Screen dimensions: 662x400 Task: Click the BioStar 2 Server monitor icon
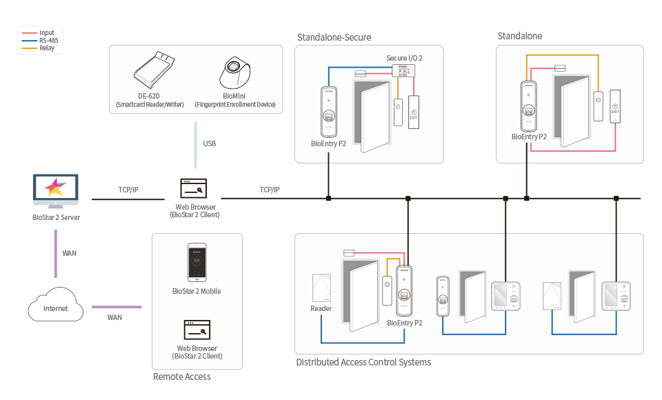(x=56, y=191)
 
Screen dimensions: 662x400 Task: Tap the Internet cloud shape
(x=55, y=305)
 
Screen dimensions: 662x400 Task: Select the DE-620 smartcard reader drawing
(x=154, y=70)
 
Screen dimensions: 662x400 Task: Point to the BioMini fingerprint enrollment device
(x=234, y=72)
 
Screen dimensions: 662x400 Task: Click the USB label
(x=210, y=143)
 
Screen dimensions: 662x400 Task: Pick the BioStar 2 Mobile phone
(x=197, y=262)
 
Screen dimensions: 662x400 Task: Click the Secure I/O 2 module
(x=403, y=70)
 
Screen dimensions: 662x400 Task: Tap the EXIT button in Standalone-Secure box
(x=414, y=112)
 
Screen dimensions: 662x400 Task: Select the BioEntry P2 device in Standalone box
(x=529, y=106)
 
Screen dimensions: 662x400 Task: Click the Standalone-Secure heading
(x=334, y=37)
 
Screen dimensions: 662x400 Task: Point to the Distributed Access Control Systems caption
(x=363, y=362)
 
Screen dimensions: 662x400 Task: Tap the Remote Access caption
(x=181, y=377)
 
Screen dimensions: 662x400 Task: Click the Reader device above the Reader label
(x=321, y=288)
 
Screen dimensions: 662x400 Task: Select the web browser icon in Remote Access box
(x=197, y=330)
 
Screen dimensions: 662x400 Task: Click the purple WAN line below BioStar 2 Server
(x=56, y=253)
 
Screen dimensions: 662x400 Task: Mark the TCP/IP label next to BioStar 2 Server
(x=128, y=190)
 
